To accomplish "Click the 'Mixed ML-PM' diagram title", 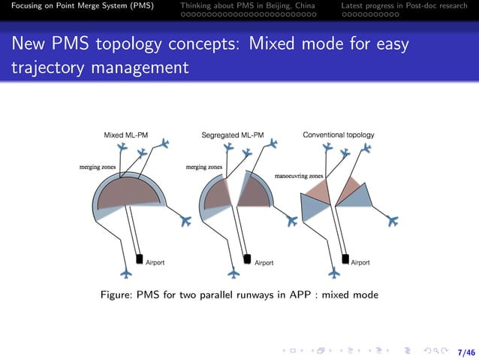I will pos(125,135).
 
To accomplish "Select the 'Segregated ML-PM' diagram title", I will pos(233,135).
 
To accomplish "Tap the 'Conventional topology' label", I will pos(338,135).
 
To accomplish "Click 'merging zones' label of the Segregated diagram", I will pos(204,167).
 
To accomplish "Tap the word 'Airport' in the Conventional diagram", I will pos(360,263).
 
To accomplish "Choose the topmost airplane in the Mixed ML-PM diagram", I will pos(166,143).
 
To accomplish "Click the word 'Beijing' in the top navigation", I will pos(274,6).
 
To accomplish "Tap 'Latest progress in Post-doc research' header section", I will pos(404,6).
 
